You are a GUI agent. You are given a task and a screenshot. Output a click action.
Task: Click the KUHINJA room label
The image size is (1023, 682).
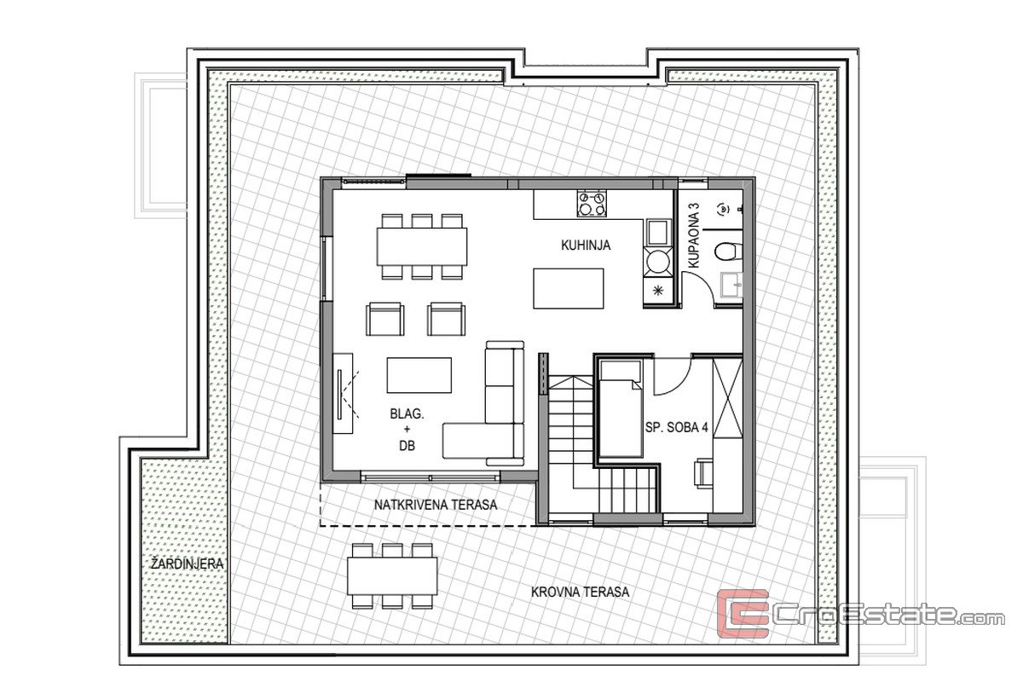coord(586,246)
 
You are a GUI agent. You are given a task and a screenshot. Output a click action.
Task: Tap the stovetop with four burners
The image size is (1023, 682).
coord(592,204)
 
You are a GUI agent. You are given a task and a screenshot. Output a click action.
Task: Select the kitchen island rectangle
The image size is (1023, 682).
coord(568,289)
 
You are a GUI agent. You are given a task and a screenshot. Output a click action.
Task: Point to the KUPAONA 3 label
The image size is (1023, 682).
coord(694,235)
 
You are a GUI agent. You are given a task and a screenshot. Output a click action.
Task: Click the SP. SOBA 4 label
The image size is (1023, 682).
coord(676,428)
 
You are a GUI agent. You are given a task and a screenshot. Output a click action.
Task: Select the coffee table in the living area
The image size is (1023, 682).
coord(419,375)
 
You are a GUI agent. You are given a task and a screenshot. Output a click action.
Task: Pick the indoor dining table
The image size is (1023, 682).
coord(421,246)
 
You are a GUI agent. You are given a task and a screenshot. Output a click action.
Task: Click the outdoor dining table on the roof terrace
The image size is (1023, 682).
coord(392,575)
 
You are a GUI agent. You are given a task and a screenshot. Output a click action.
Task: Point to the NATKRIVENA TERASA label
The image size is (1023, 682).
coord(436,505)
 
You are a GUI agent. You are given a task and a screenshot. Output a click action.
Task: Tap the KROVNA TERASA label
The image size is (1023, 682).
coord(580,592)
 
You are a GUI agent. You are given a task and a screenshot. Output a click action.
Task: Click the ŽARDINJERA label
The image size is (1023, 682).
coord(188,564)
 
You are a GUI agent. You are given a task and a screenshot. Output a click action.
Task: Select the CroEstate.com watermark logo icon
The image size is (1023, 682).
coord(743,614)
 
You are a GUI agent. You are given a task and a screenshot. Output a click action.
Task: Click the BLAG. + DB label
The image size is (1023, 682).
coord(407,430)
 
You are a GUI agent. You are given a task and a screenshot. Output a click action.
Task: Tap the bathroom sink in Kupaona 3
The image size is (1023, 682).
coord(731,285)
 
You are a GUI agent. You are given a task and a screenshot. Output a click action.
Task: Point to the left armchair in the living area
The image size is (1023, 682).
coord(385,319)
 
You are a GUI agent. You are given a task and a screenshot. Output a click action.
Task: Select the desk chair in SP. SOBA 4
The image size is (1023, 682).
coord(702,473)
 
